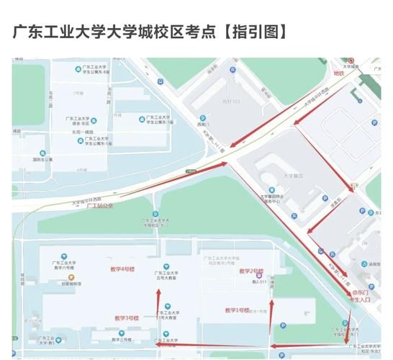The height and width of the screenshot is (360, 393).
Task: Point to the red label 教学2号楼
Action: click(x=248, y=271)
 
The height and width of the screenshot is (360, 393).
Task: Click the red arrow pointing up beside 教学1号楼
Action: click(x=271, y=317)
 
